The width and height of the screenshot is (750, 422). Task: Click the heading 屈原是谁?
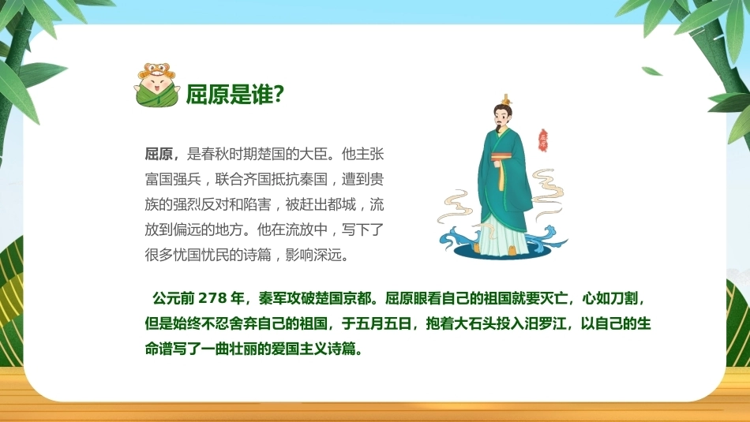click(234, 94)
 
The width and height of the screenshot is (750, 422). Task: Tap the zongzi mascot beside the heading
click(157, 84)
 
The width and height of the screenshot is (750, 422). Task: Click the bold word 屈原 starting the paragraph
click(159, 155)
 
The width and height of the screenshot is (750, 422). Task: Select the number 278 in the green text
click(212, 298)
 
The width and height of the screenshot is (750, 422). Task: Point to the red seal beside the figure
click(543, 140)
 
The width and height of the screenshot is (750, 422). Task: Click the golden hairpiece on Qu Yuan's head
click(505, 100)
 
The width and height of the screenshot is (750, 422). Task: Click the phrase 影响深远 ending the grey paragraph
click(313, 256)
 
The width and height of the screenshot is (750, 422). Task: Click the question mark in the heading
click(279, 94)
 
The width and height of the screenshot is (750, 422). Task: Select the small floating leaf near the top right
click(651, 71)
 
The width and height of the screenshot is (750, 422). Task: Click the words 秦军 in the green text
click(272, 298)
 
